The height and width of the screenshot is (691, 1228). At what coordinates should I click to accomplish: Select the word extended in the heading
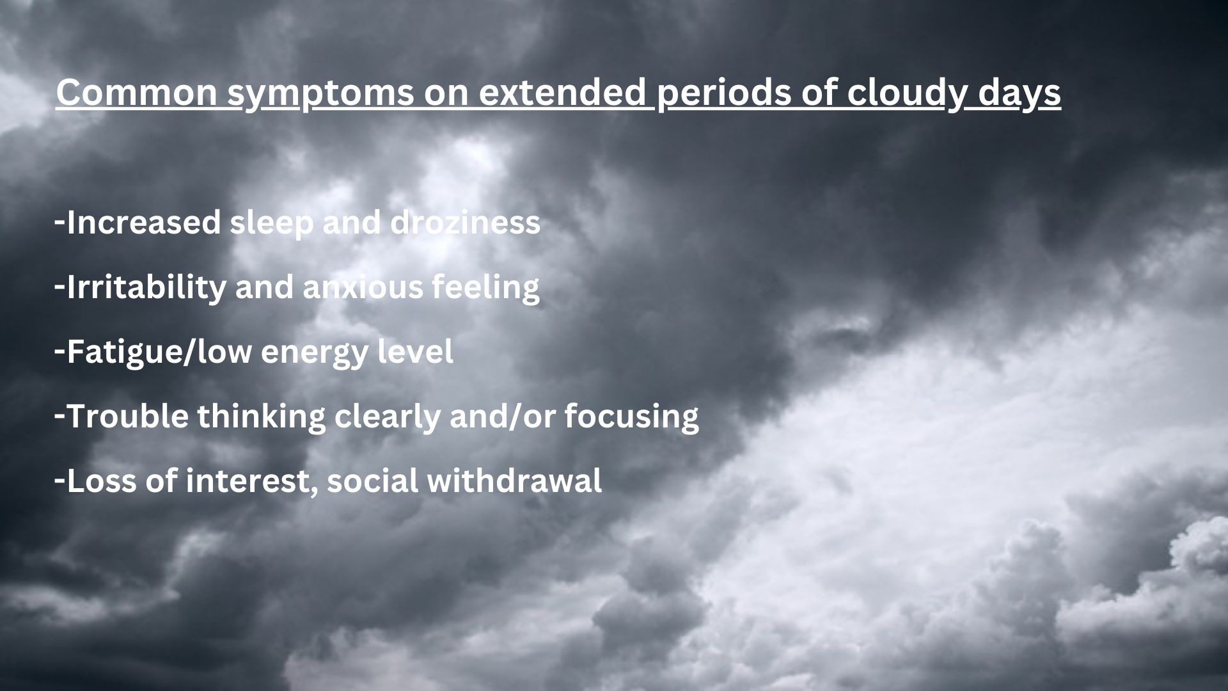[x=563, y=93]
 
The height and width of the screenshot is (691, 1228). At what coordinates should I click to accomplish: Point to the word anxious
[x=363, y=287]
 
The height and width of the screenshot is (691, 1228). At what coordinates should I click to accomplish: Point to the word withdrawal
[x=514, y=481]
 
